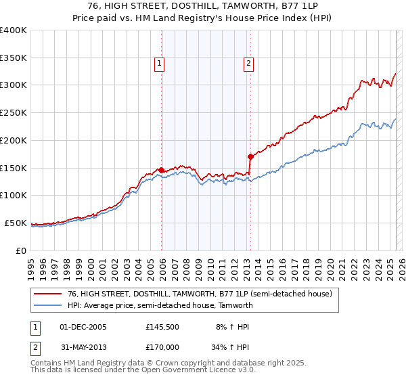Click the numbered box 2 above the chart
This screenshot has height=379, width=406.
(248, 64)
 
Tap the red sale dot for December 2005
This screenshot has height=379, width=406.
(161, 170)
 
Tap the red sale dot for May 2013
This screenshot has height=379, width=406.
(250, 156)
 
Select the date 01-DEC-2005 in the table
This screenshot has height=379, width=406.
(83, 326)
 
